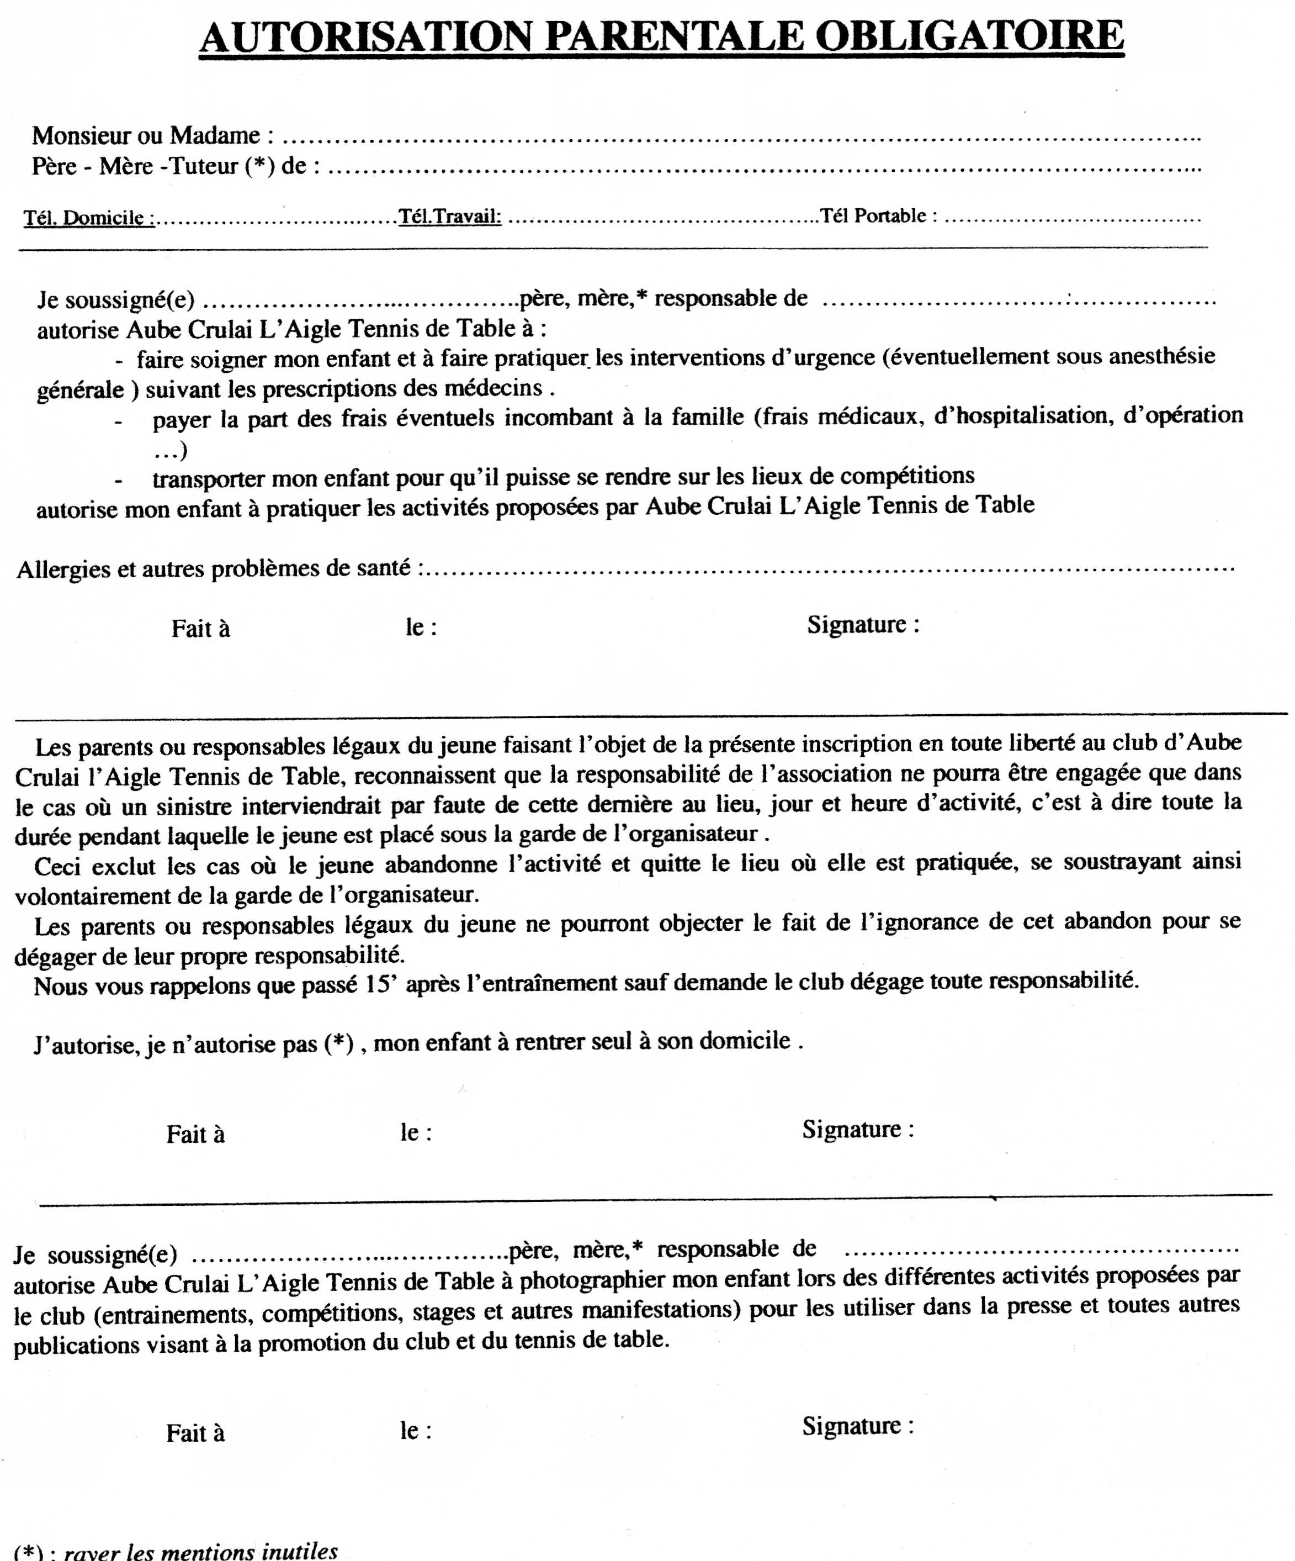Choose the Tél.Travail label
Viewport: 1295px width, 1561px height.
pyautogui.click(x=449, y=217)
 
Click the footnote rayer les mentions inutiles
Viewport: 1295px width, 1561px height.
pyautogui.click(x=200, y=1552)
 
